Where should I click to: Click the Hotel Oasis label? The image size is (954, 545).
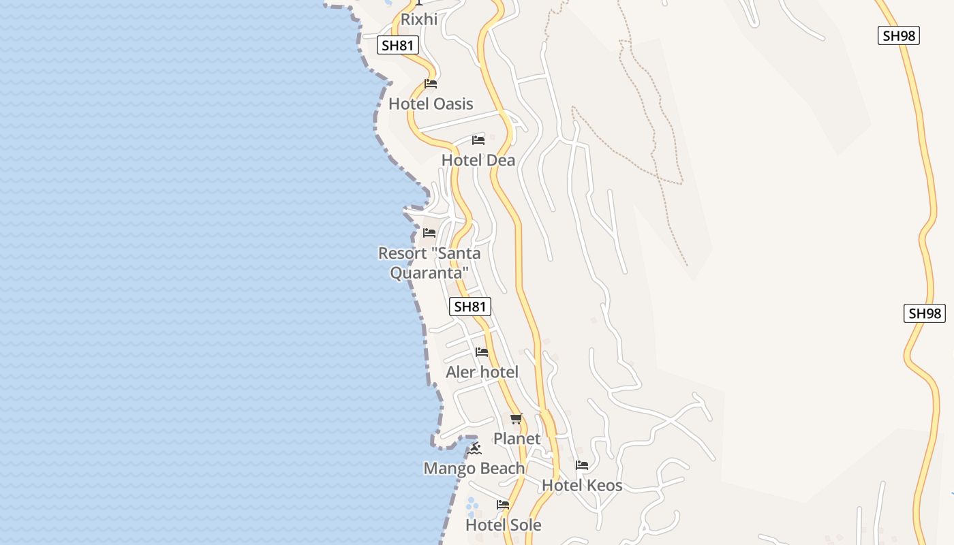tap(431, 104)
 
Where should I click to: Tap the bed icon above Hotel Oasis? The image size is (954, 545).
tap(431, 84)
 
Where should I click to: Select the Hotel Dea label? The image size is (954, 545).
tap(478, 160)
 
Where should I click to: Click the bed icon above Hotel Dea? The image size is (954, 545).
tap(478, 140)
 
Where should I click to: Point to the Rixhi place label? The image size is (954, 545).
tap(419, 20)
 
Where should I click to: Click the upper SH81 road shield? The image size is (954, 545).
tap(398, 46)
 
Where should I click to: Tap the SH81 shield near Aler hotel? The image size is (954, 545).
tap(470, 307)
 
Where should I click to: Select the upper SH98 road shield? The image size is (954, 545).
tap(899, 35)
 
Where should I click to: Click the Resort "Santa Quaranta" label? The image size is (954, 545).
tap(429, 263)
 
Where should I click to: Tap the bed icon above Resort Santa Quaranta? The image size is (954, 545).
tap(429, 233)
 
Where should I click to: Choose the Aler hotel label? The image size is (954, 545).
tap(482, 372)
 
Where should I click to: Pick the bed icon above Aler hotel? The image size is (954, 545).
tap(482, 352)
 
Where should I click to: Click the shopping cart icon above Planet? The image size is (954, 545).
tap(516, 419)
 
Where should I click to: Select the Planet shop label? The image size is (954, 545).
tap(517, 439)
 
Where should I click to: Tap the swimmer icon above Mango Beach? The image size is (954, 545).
tap(474, 448)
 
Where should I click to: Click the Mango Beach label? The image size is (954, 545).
tap(474, 469)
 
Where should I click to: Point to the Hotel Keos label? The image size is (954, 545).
tap(582, 486)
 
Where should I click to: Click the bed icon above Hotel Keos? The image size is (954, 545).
tap(582, 465)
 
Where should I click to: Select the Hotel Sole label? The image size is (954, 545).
tap(504, 525)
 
